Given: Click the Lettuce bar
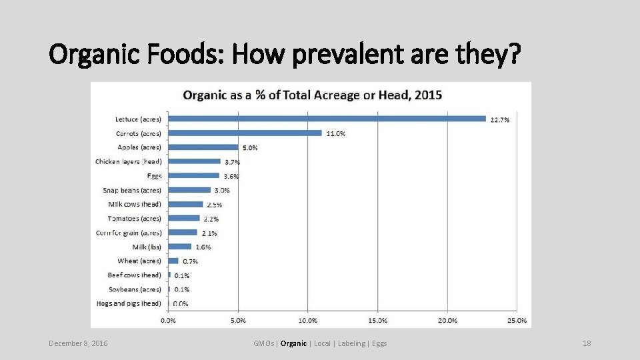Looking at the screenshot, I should coord(327,119).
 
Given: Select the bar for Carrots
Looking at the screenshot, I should coord(245,133).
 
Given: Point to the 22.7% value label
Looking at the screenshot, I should coord(500,120).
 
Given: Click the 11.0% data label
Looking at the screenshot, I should coord(336,133).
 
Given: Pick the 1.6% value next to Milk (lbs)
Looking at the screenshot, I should coord(203,247).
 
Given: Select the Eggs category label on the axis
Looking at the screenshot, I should coord(154,176).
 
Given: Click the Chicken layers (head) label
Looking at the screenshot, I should coord(129,161).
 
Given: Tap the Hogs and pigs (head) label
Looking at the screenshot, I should coord(129,304).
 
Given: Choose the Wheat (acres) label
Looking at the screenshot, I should coord(139,261).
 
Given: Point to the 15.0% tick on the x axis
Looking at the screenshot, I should coord(377,321).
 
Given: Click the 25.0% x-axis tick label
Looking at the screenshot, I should coord(516,321).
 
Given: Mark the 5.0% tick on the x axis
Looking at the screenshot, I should coord(238,321).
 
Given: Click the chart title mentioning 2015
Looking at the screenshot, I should coord(312,95).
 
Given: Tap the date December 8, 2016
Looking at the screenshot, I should coord(78,343).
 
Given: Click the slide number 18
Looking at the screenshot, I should coord(587,343).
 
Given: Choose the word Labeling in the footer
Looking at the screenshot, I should coord(351,343).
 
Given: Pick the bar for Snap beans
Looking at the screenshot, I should coord(189,190).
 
